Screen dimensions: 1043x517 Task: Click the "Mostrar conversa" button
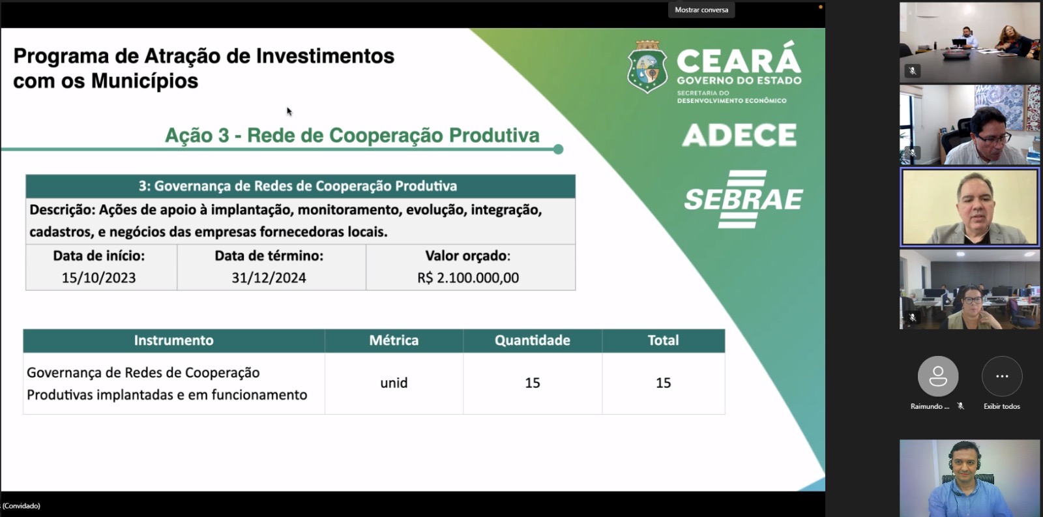pos(701,10)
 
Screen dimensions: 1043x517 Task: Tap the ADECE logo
pos(739,135)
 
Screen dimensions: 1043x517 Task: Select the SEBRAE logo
pos(743,199)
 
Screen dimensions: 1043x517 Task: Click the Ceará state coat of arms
pos(647,67)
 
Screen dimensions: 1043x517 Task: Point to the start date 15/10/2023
pos(98,278)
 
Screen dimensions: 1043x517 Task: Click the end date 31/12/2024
pos(269,278)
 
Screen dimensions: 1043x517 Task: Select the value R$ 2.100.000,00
pos(468,278)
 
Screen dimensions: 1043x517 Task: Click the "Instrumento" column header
pos(173,340)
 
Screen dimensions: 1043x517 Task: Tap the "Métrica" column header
pos(394,340)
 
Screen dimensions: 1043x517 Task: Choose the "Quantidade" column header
pos(532,340)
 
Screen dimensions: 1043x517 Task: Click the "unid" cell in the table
pos(394,383)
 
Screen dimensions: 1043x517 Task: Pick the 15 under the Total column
pos(663,383)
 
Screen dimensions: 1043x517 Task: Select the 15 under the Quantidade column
pos(532,383)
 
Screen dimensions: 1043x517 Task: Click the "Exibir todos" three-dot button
pos(1002,376)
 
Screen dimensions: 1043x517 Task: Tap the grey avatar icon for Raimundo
pos(938,376)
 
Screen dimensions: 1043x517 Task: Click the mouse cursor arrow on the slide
pos(289,111)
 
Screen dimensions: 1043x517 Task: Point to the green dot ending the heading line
pos(558,149)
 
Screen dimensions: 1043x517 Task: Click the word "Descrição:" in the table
pos(63,210)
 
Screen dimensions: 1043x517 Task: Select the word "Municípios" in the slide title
pos(145,81)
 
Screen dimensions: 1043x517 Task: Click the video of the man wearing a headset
pos(969,478)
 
